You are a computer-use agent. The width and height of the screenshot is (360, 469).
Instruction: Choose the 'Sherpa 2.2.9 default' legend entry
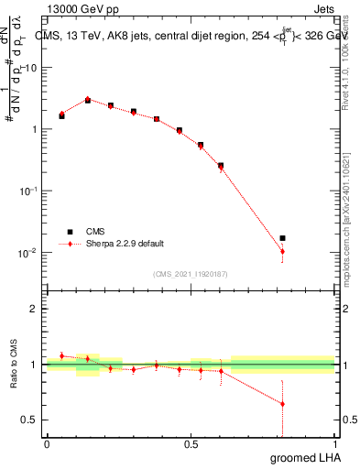[x=117, y=245]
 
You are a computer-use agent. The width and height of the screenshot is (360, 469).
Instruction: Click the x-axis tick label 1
[x=335, y=443]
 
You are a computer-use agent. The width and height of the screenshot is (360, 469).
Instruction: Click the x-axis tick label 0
[x=47, y=443]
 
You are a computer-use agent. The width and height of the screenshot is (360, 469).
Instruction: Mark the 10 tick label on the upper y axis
[x=30, y=67]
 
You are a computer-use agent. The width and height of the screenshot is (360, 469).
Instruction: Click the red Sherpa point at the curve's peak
[x=88, y=99]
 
